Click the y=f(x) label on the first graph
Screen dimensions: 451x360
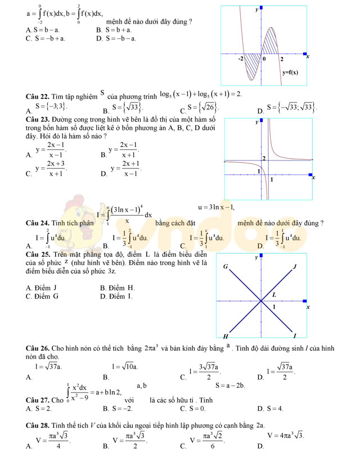point(290,72)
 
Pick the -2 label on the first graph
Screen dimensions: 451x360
point(241,59)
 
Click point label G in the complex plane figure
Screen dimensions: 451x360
point(226,266)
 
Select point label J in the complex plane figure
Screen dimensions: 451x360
point(294,266)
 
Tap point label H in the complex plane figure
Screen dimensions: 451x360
point(226,336)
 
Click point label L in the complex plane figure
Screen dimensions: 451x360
point(274,294)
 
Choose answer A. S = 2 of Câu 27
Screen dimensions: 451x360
point(39,408)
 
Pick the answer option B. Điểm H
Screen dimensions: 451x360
point(118,288)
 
